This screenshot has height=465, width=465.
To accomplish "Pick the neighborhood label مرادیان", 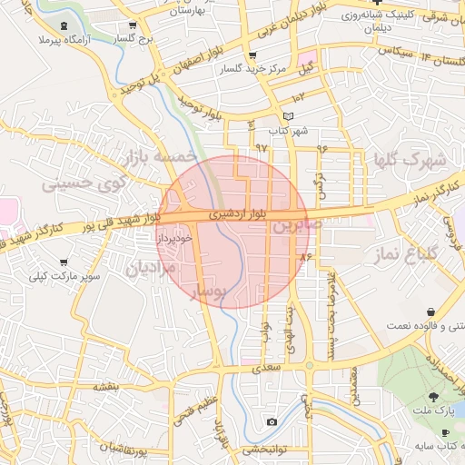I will (148, 269).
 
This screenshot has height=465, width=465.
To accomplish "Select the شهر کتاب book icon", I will (289, 116).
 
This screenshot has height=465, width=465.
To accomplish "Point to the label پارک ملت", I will (433, 413).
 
